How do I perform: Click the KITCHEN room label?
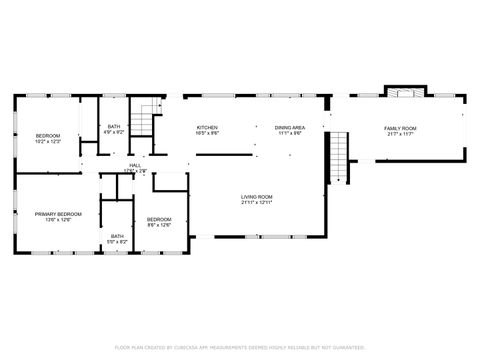(x=207, y=128)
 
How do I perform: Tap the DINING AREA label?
(x=290, y=128)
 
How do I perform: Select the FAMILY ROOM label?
(x=400, y=128)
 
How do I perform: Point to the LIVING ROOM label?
(x=257, y=197)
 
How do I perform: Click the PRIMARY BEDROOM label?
(x=58, y=214)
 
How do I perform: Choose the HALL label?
(x=134, y=165)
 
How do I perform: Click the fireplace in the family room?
(x=401, y=94)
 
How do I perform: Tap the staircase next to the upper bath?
(x=148, y=119)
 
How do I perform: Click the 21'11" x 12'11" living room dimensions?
(x=257, y=203)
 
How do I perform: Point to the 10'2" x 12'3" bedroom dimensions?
(x=48, y=142)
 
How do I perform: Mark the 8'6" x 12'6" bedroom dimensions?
(x=160, y=225)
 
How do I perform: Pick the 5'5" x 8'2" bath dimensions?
(x=118, y=242)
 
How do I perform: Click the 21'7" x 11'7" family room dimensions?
(x=400, y=134)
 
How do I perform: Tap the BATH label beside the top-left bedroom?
(x=114, y=125)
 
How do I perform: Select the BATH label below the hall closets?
(x=118, y=236)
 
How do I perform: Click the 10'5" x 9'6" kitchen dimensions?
(x=207, y=134)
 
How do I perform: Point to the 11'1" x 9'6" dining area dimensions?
(x=290, y=134)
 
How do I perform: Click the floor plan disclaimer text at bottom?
(x=240, y=347)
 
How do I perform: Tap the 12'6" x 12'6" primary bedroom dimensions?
(x=58, y=220)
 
